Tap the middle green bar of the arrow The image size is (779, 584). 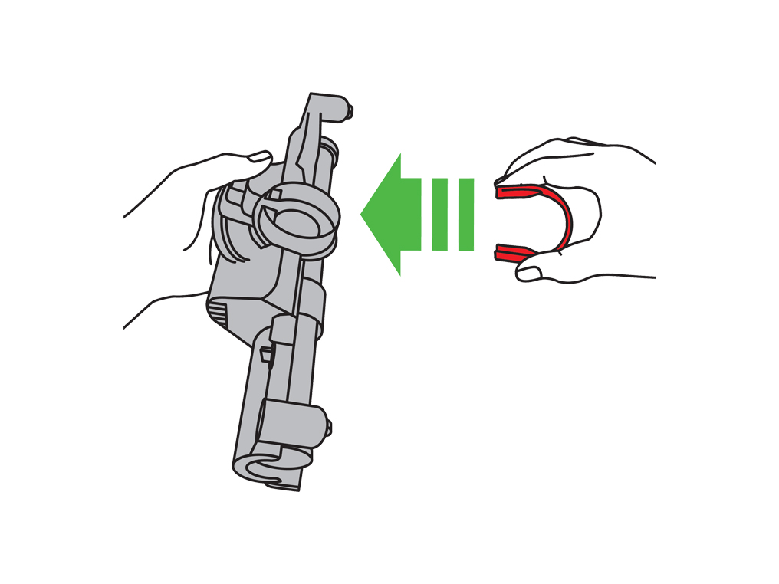[x=439, y=215]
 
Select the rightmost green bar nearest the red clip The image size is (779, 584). [x=465, y=215]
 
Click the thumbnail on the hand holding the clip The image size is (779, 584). [x=530, y=269]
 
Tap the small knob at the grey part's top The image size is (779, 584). [x=350, y=112]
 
